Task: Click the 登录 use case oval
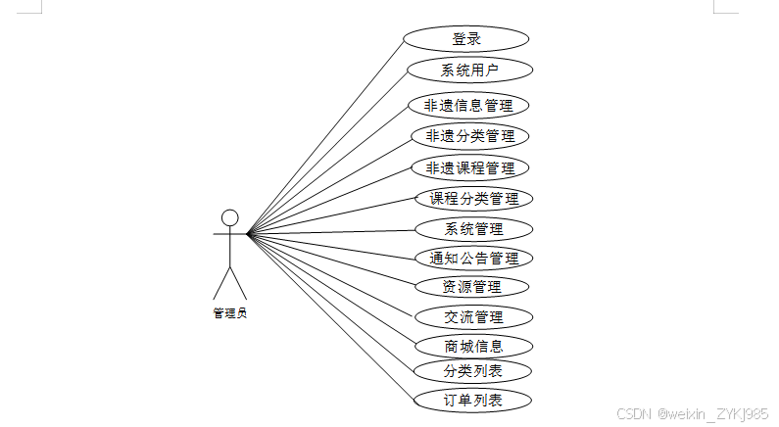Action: coord(465,39)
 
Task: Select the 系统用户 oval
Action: coord(469,70)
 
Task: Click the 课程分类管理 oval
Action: coord(474,199)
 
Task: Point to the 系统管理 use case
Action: coord(474,229)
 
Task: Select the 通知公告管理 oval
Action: coord(474,259)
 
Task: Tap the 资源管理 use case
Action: coord(472,287)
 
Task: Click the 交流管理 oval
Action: coord(473,316)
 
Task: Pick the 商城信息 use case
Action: coord(473,346)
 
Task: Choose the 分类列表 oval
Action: coord(473,371)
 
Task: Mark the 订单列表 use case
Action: coord(473,400)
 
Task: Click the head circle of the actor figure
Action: coord(229,217)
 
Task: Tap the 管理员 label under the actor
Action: coord(229,313)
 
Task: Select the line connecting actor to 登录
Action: coord(324,138)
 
